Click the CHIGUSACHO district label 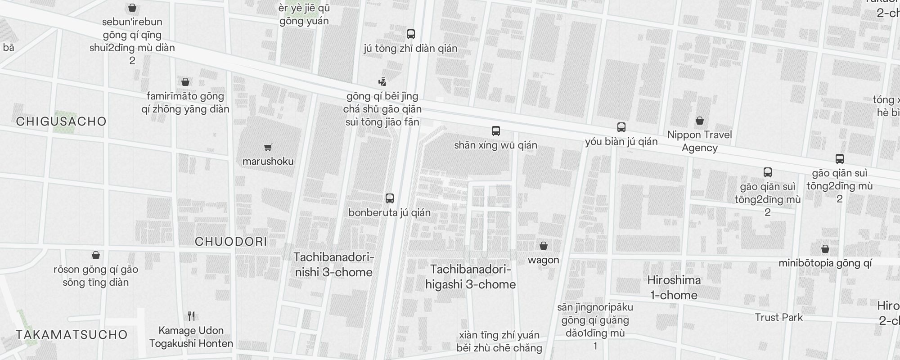point(61,121)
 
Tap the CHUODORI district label point(231,242)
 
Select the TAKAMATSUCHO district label point(72,335)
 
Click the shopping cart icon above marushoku point(268,147)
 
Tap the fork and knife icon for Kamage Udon point(191,316)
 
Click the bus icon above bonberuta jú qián point(390,198)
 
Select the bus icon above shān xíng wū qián point(495,131)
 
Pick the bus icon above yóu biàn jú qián point(621,127)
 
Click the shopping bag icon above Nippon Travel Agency point(699,121)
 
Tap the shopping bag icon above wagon point(544,246)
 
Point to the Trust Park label point(778,317)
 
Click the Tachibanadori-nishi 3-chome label point(333,265)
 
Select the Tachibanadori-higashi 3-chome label point(470,277)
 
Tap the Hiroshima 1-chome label point(674,288)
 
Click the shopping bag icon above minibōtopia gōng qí point(825,249)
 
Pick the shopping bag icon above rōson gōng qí point(95,256)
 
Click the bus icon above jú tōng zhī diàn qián point(410,34)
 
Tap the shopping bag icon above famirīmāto point(185,82)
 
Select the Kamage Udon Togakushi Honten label point(191,337)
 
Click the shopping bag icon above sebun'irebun point(132,8)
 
